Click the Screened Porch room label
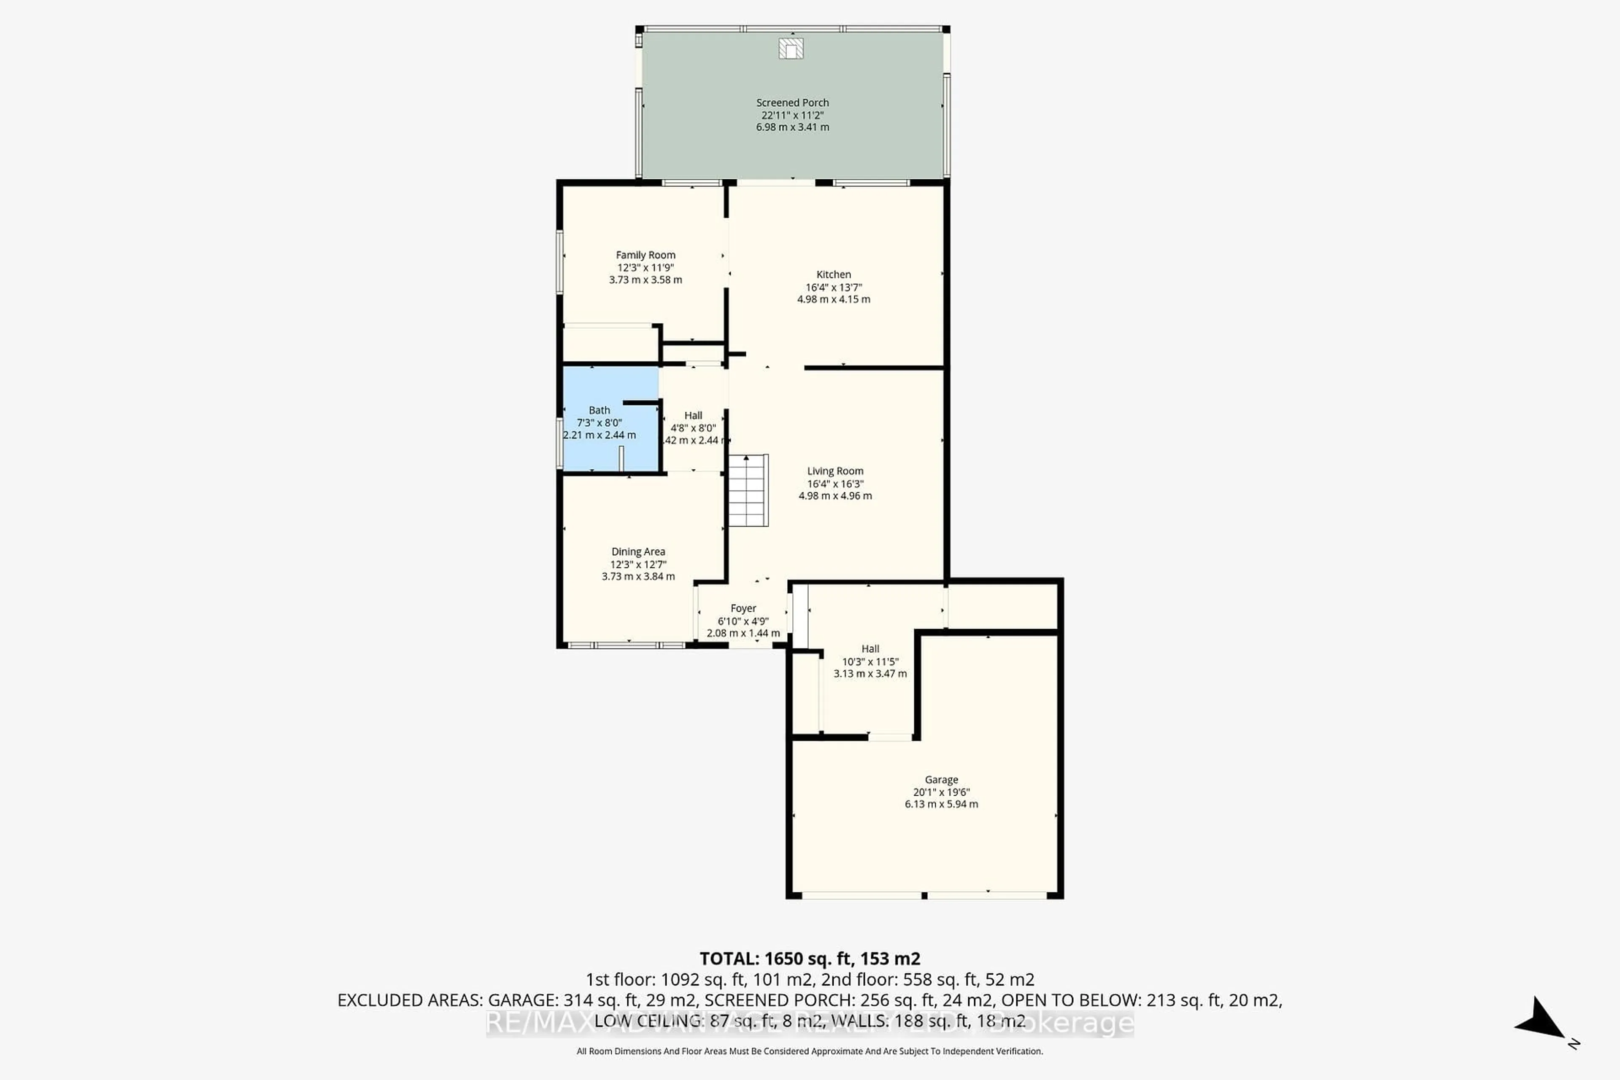(792, 103)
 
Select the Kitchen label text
(834, 274)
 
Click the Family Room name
(645, 255)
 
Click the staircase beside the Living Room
(748, 490)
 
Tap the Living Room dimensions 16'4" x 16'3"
(835, 483)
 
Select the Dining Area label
(638, 552)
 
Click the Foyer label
(743, 608)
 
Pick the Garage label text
(941, 780)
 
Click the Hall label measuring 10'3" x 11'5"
(870, 649)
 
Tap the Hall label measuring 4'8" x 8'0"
(693, 415)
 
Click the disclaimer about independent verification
(809, 1051)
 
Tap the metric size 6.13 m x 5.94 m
(941, 804)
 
